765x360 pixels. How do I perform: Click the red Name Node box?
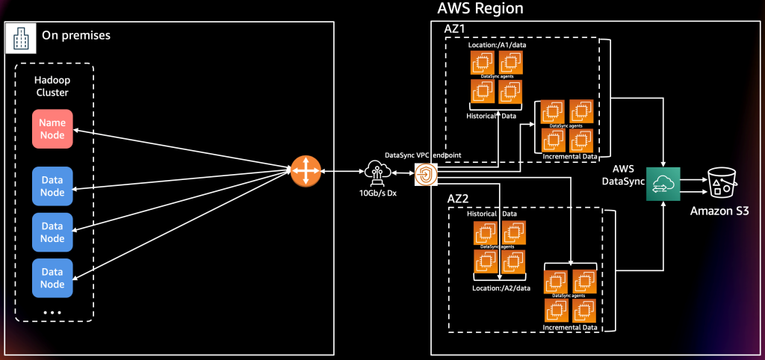point(52,128)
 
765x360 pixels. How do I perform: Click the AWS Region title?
point(480,9)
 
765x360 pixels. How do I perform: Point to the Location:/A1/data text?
point(497,46)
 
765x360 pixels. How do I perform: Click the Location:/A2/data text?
point(501,287)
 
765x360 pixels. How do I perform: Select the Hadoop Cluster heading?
point(52,87)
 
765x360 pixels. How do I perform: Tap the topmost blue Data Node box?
point(52,186)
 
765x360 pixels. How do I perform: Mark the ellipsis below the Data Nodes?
point(52,311)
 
